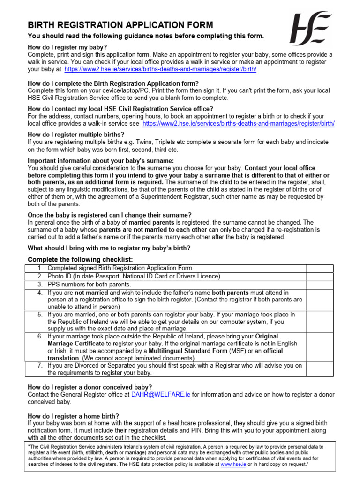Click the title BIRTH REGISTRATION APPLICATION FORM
pos(120,25)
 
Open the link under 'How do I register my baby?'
pos(160,69)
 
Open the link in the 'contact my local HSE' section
pos(238,124)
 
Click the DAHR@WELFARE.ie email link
pos(161,395)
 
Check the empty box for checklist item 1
pos(320,268)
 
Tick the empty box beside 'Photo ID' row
pos(320,277)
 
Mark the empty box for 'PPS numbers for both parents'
pos(320,285)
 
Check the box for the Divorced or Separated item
pos(320,369)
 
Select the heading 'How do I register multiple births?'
pos(76,134)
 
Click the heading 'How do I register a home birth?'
pos(74,416)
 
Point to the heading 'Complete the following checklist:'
pos(80,260)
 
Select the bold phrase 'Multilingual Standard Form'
pos(189,351)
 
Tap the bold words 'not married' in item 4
pos(91,292)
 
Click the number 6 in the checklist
pos(40,337)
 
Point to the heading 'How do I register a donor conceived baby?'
pos(90,387)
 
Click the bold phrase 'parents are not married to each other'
pos(153,230)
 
